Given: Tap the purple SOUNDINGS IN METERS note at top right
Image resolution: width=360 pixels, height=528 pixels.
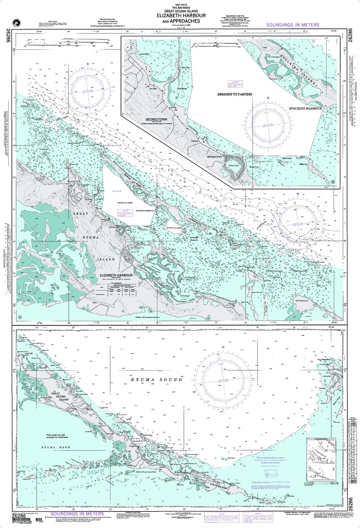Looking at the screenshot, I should point(292,25).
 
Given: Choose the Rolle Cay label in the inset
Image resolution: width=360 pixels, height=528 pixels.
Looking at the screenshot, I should point(304,164).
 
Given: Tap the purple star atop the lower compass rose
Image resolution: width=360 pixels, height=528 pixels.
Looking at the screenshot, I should point(223,346).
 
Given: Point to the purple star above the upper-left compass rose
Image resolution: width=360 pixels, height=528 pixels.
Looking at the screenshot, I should point(87,64).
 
